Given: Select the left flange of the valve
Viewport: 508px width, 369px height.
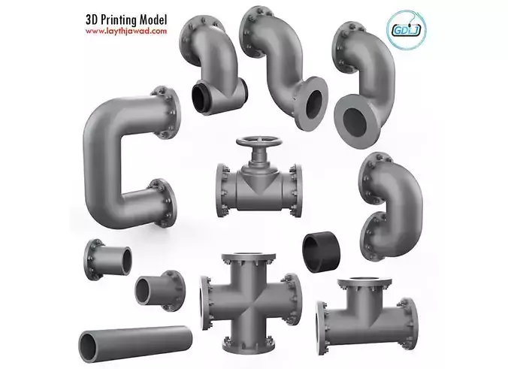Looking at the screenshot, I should coord(222,185).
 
